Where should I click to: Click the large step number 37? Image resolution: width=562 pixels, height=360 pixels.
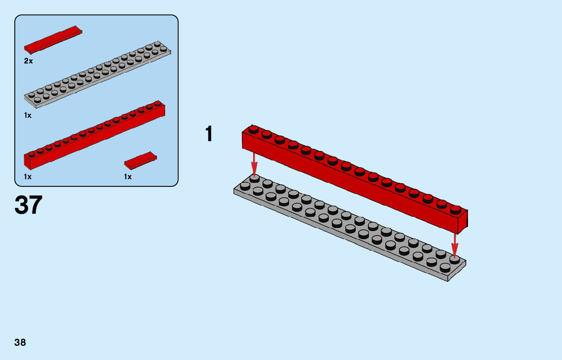click(x=28, y=205)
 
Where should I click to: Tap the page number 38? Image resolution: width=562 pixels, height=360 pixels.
click(x=20, y=342)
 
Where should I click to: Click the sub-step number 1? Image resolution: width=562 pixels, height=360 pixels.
click(x=208, y=135)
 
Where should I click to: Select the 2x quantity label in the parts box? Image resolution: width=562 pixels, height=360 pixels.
click(x=28, y=61)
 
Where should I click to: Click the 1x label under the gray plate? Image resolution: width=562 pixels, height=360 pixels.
click(x=28, y=115)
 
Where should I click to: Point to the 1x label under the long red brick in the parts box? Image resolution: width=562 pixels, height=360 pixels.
click(x=28, y=177)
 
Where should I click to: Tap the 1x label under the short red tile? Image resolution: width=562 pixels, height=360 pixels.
click(x=128, y=177)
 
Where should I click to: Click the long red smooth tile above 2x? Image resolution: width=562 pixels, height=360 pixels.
click(x=53, y=40)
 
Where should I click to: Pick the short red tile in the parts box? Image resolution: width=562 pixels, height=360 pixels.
click(x=140, y=160)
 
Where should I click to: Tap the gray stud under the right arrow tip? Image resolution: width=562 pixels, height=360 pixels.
click(x=455, y=259)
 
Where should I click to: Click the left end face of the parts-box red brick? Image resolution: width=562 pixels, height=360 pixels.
click(x=27, y=161)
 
